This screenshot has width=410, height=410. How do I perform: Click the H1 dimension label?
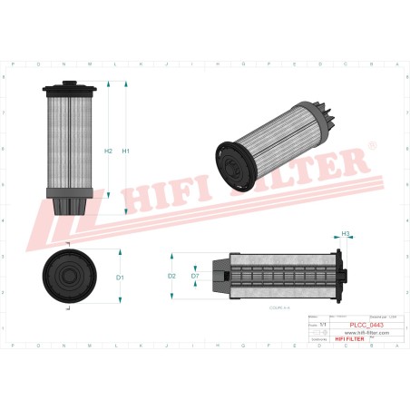[126, 151]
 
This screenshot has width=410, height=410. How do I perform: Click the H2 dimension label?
[108, 151]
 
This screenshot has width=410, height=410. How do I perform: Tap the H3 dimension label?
[346, 234]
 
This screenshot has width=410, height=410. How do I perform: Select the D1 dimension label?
[120, 276]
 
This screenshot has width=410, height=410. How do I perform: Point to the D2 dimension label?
[172, 275]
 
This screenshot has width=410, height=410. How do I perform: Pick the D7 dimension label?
[195, 275]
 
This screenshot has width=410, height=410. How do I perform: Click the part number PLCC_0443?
[365, 324]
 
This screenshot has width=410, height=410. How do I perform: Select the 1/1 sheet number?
[314, 324]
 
